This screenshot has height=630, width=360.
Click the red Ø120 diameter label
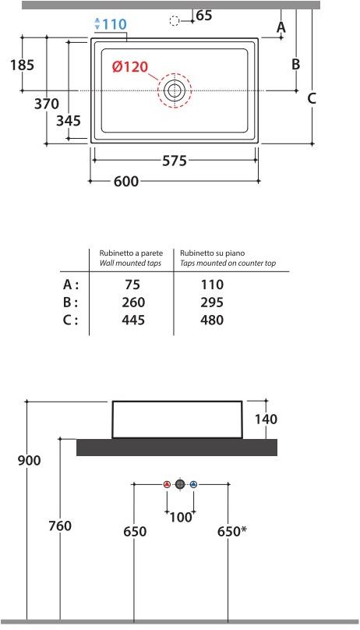[130, 67]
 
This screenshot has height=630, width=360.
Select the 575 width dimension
[175, 161]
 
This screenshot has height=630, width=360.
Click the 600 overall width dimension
[126, 181]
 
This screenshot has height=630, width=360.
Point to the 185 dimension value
[23, 65]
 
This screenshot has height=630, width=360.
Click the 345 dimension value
[69, 121]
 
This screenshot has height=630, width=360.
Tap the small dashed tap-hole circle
[175, 20]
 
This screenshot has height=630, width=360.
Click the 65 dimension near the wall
[204, 16]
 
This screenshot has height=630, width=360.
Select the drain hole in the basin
[175, 90]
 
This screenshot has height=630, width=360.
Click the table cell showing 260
[133, 303]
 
